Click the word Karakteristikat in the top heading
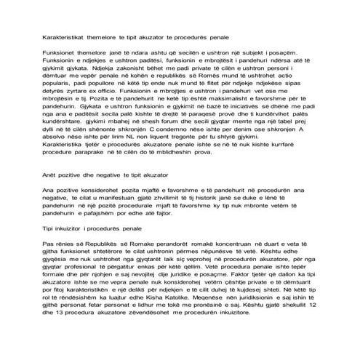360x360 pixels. [x=61, y=36]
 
